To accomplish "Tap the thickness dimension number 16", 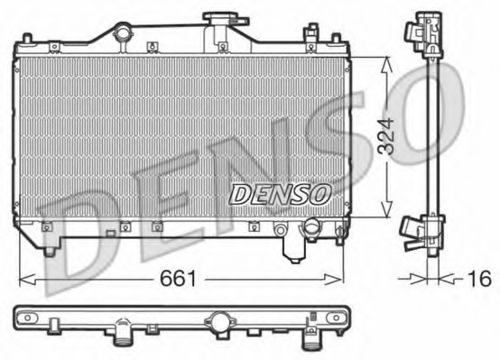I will click(481, 279).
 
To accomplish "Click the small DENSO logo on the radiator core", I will click(281, 192).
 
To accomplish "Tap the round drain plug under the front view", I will click(312, 226).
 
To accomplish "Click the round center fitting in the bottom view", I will click(219, 321).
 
